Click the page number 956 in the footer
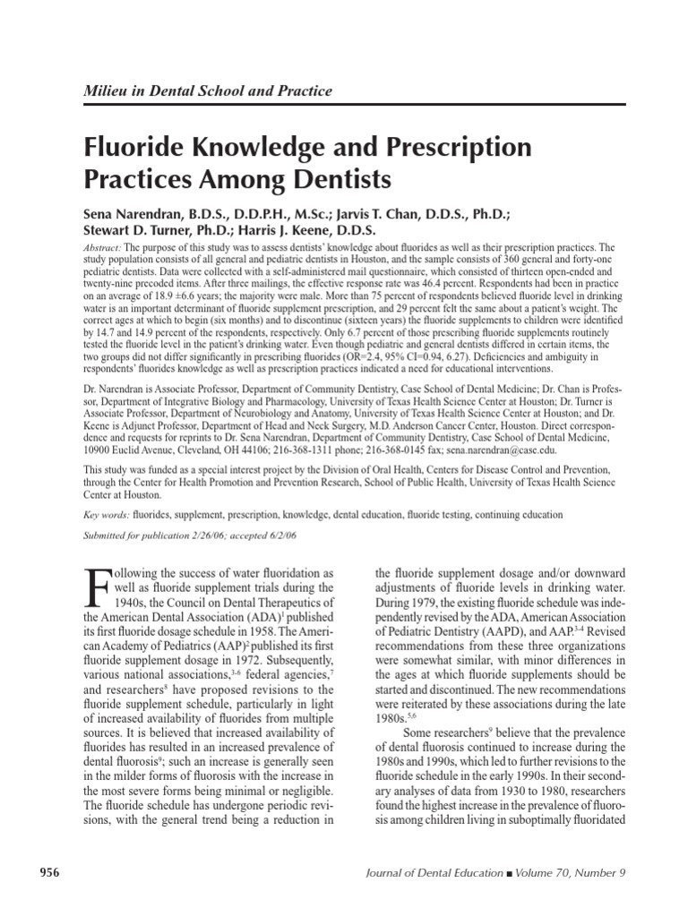tap(47, 873)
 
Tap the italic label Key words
tap(106, 515)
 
